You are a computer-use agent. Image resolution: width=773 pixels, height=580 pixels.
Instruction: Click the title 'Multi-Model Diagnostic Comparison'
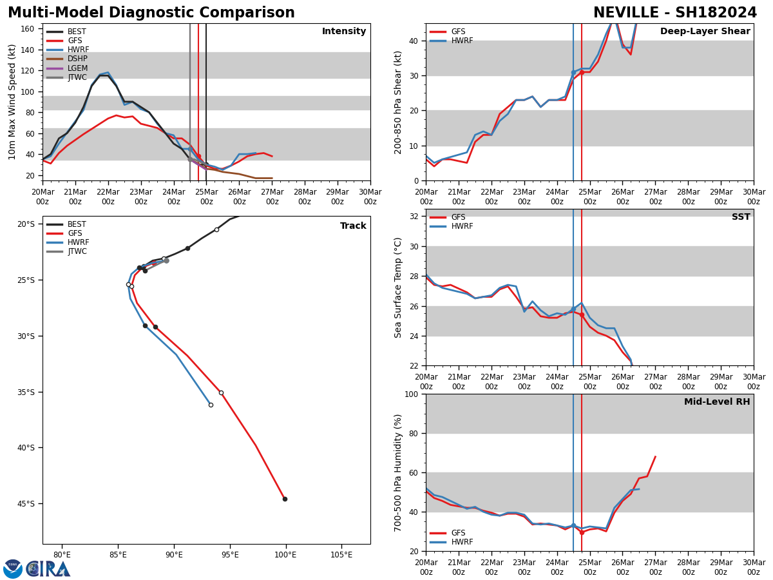151,13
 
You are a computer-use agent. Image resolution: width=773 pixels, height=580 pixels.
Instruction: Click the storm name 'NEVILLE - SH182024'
675,13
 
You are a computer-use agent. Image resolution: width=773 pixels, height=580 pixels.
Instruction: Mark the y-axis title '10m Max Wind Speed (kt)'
12,102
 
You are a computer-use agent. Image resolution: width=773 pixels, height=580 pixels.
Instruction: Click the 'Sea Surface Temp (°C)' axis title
398,287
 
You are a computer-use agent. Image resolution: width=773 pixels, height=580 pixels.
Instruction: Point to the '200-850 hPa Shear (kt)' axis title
398,102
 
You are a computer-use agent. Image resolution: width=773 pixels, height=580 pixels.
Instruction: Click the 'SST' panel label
741,217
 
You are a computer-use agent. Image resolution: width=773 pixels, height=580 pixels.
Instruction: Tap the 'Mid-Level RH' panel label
717,402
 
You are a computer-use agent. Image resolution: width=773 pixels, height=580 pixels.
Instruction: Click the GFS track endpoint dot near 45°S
285,499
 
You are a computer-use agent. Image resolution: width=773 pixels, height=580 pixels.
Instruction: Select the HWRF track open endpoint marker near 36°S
211,405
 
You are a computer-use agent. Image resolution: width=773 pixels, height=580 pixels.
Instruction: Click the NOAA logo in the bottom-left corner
13,569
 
